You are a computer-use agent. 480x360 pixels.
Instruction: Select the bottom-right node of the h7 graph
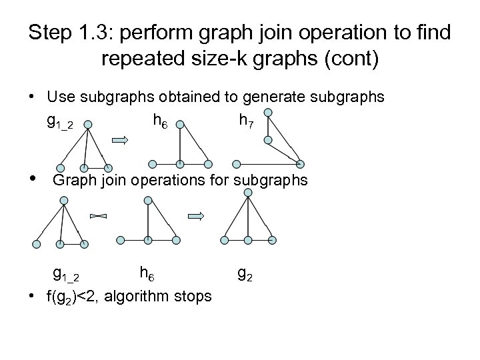(x=301, y=163)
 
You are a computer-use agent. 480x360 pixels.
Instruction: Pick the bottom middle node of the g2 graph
(x=248, y=239)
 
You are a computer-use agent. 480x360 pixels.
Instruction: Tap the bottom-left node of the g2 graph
(x=225, y=239)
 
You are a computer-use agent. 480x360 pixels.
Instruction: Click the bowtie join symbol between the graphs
(x=97, y=216)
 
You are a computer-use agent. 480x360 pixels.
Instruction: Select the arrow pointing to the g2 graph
(x=196, y=216)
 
